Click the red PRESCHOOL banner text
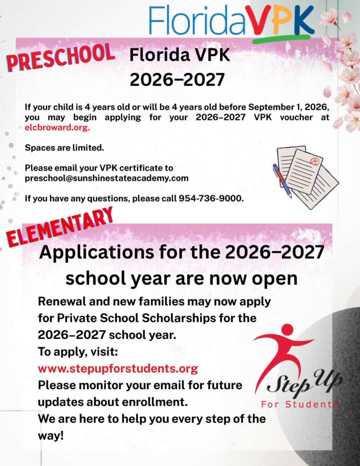coord(60,57)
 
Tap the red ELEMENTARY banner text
coord(60,227)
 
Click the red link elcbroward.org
coord(57,128)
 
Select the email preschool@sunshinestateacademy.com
coord(106,178)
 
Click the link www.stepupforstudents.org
coord(118,368)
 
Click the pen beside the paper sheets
coord(282,181)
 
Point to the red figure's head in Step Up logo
coord(287,329)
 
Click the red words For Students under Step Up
coord(299,404)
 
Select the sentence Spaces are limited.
coord(64,148)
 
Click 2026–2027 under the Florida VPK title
coord(177,80)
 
